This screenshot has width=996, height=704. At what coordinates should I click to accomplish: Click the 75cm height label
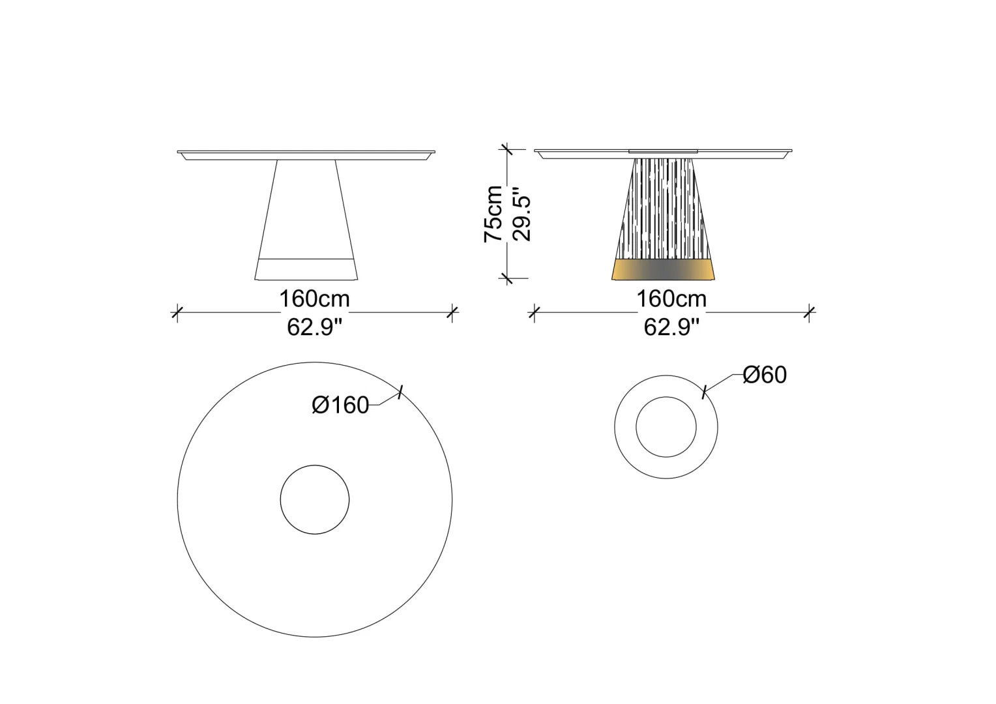click(493, 214)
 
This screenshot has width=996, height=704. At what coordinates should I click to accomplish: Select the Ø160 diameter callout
click(341, 405)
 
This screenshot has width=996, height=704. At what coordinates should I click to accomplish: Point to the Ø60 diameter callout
click(765, 374)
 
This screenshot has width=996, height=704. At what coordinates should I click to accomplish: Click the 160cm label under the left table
click(314, 299)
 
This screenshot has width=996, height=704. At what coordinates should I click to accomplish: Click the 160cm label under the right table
click(671, 299)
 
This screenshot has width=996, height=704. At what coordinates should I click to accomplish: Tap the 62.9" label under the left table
click(314, 327)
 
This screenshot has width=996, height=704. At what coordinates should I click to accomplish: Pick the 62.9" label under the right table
click(671, 327)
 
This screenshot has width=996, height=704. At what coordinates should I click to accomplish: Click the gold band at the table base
click(663, 269)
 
